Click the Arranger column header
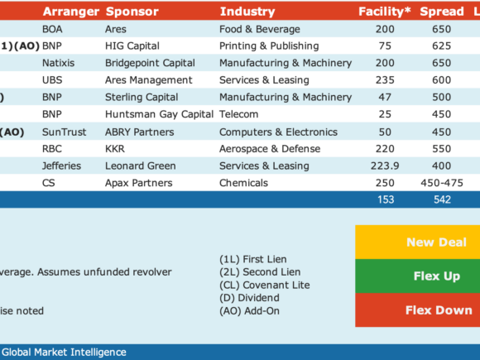coord(70,12)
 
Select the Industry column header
coord(247,12)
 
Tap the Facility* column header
coord(385,12)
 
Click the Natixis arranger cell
coord(59,63)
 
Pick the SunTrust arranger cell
coord(65,132)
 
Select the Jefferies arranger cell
coord(61,166)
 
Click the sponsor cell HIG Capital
coord(132,46)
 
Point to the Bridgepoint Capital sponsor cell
coord(150,63)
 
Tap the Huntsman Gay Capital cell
coord(159,114)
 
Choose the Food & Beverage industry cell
coord(260,29)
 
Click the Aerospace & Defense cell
coord(270,149)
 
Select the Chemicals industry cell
coord(243,183)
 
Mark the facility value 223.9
coord(385,166)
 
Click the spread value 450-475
coord(442,183)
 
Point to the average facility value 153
coord(386,200)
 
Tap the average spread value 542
coord(442,200)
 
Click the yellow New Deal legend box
coord(418,242)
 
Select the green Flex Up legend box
coord(418,276)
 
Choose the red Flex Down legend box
coord(418,310)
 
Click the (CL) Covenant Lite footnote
coord(265,285)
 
